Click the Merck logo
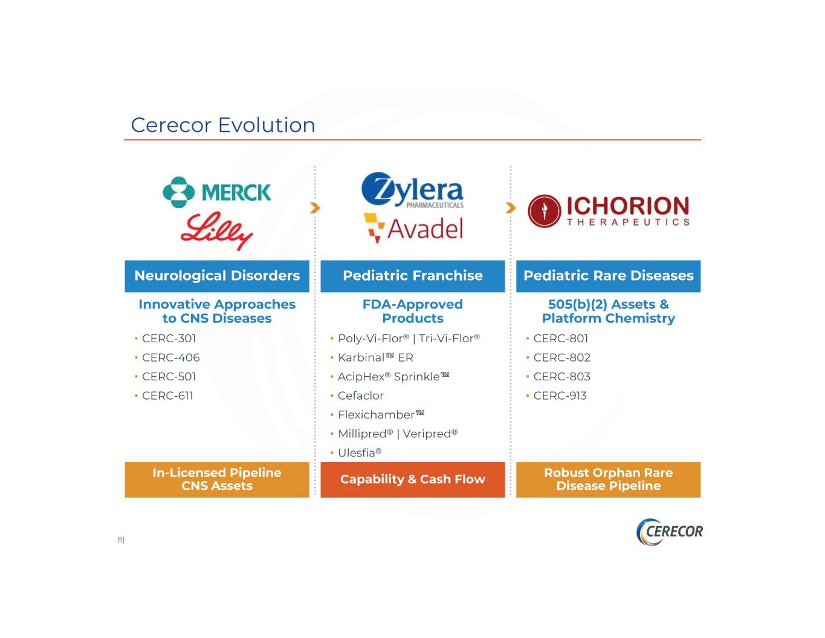tap(217, 192)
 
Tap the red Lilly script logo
tap(217, 231)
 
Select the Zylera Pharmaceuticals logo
tap(412, 190)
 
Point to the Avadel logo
tap(413, 228)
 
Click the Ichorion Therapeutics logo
tap(609, 211)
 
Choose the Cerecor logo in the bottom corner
tap(669, 532)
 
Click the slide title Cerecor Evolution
tap(223, 125)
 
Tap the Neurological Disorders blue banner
tap(217, 276)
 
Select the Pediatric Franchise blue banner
tap(413, 276)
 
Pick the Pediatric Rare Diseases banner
tap(608, 276)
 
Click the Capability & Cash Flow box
tap(413, 480)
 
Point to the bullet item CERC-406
tap(170, 357)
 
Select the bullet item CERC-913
tap(560, 395)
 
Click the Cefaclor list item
tap(361, 395)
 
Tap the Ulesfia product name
tap(360, 453)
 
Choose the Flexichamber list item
tap(381, 414)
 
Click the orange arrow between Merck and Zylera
tap(315, 208)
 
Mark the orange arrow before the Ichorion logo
tap(511, 208)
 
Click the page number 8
tap(120, 539)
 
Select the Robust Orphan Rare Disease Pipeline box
tap(608, 480)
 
